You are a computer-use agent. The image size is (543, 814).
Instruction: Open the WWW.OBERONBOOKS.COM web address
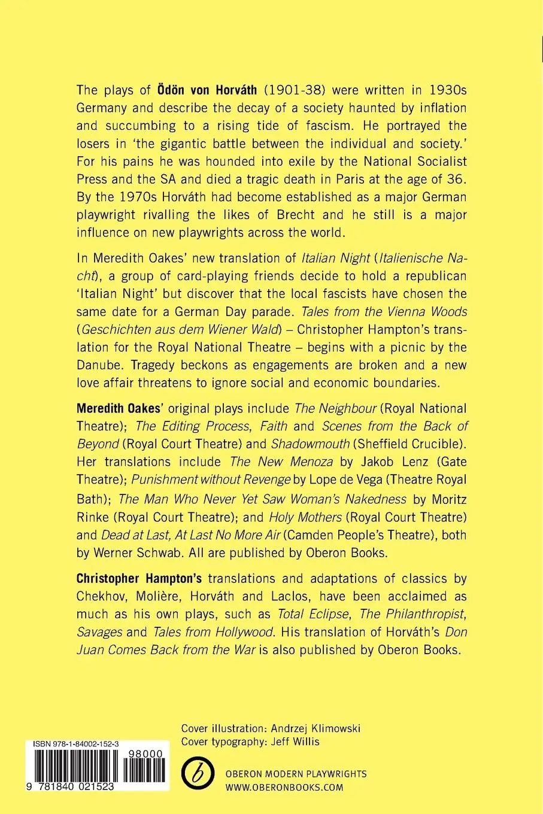[x=293, y=788]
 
